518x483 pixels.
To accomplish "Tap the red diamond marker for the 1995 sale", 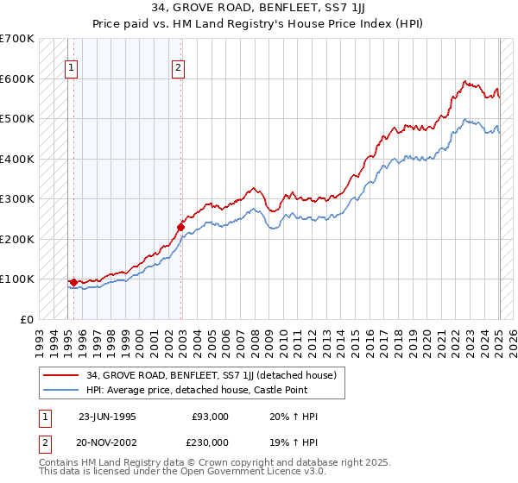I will point(73,282).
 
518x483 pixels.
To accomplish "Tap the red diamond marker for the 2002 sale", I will point(181,227).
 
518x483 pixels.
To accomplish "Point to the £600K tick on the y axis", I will point(17,78).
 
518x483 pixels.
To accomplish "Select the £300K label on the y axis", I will point(17,198).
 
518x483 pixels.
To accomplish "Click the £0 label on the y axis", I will point(25,319).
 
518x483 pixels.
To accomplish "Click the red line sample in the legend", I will point(61,375).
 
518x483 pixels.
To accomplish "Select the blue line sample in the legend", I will point(61,390).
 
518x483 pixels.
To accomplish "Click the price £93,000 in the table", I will point(210,417).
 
